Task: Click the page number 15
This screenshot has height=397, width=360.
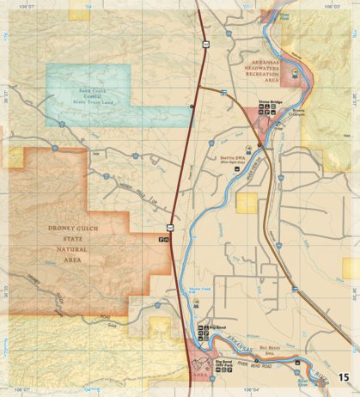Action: (x=344, y=376)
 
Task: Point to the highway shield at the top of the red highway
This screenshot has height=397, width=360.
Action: (x=205, y=40)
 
